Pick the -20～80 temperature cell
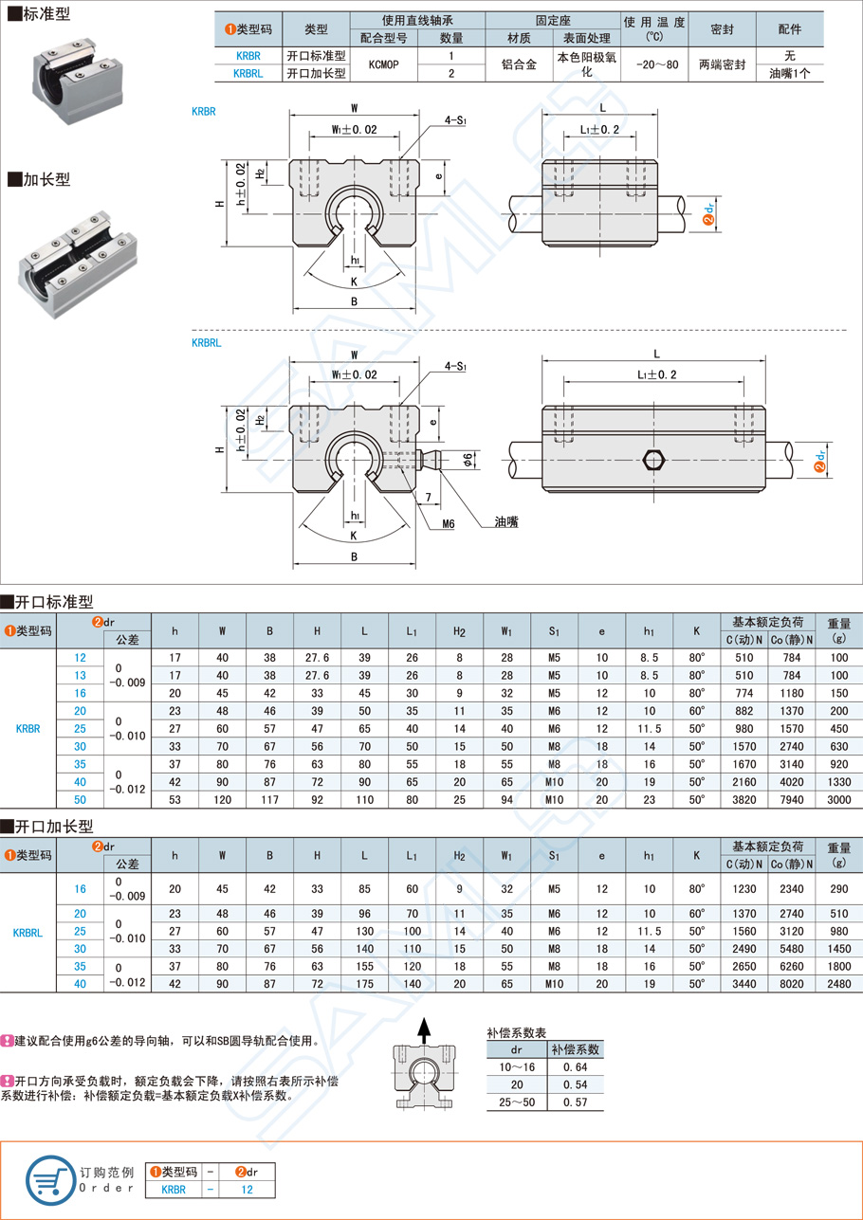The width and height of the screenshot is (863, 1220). point(652,64)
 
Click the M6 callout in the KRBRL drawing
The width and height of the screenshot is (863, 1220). point(449,522)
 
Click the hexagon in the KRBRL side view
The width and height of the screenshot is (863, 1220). point(652,461)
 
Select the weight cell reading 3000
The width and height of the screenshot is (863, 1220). point(837,799)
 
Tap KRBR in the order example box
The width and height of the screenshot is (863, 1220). point(174,1189)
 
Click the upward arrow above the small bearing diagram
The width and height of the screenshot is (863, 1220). point(425,1027)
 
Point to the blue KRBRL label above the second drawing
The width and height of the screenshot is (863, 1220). point(206,342)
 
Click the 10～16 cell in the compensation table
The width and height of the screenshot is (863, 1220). point(517,1067)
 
